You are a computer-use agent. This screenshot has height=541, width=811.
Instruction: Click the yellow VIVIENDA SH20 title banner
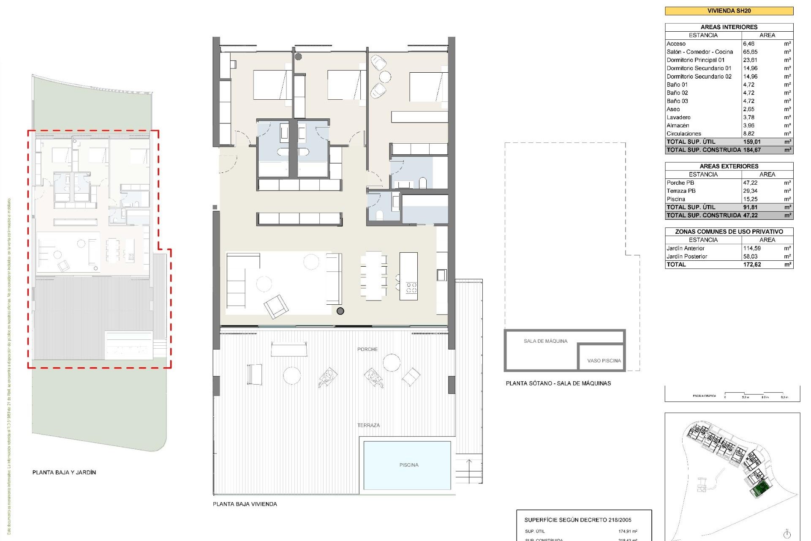pos(729,11)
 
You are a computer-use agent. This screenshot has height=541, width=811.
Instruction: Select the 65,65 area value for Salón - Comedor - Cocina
pos(750,52)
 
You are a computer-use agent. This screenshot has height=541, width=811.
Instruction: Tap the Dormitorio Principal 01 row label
pos(695,60)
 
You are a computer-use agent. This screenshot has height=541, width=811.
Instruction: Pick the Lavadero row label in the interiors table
pos(678,117)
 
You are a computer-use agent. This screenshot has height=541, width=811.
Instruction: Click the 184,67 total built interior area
pos(752,150)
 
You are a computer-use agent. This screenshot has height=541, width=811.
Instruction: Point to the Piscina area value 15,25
pos(750,199)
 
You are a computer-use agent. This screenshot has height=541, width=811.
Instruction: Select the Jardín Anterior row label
pos(685,249)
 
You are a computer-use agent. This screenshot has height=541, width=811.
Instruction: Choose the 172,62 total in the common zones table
pos(752,265)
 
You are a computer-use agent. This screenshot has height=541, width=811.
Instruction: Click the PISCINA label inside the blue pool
pos(408,465)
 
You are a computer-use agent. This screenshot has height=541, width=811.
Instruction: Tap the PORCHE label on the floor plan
pos(367,349)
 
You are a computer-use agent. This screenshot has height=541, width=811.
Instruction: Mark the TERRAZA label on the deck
pos(368,425)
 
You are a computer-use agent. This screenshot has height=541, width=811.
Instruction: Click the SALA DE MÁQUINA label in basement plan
pos(545,341)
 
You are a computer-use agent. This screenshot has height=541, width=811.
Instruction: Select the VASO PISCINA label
pos(604,361)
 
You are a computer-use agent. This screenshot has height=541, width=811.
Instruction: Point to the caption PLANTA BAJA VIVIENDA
pos(245,504)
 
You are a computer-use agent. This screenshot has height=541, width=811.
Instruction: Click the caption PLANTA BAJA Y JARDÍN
pos(64,473)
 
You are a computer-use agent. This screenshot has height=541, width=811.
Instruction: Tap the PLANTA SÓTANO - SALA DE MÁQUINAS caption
pos(558,383)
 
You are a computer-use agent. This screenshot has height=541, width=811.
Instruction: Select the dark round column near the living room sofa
pos(340,311)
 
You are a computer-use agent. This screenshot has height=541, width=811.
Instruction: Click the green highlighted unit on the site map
pos(759,489)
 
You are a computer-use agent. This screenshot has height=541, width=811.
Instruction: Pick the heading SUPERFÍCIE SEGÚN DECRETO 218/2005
pos(577,520)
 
